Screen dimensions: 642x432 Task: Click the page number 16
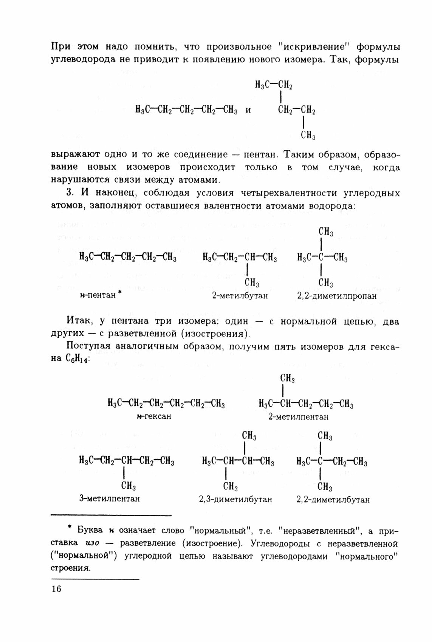(x=56, y=589)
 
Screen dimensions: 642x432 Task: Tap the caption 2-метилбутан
(x=240, y=296)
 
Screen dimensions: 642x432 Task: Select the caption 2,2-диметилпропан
(x=337, y=296)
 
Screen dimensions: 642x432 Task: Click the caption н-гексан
(x=154, y=416)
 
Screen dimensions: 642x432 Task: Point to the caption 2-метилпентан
(x=298, y=417)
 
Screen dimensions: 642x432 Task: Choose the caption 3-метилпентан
(x=109, y=498)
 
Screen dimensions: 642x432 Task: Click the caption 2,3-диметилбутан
(x=235, y=499)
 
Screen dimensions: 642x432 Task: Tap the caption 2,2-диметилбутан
(x=333, y=499)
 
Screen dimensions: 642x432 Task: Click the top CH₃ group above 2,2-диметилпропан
(x=325, y=232)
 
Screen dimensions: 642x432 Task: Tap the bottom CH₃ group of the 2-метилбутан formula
(x=252, y=283)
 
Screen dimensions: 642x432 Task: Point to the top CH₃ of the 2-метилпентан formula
(x=287, y=378)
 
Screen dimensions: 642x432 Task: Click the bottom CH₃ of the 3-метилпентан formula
(x=129, y=486)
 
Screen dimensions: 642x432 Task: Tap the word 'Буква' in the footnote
(x=90, y=530)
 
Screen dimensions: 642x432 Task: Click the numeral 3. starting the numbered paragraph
(x=70, y=193)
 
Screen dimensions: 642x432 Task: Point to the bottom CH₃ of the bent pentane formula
(x=308, y=136)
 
